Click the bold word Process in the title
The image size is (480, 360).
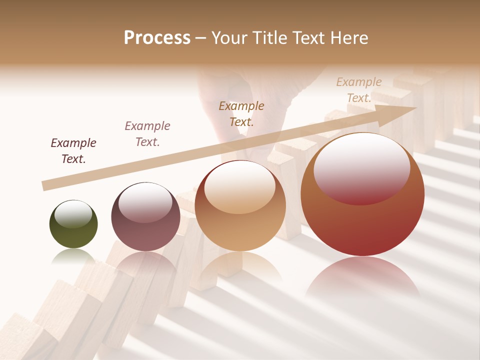pyautogui.click(x=157, y=38)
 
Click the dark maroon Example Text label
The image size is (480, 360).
pyautogui.click(x=73, y=151)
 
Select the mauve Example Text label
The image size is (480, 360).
pyautogui.click(x=147, y=134)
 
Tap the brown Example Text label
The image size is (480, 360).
pyautogui.click(x=241, y=113)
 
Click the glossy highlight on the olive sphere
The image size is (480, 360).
pyautogui.click(x=73, y=214)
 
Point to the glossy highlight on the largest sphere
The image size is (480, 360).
pyautogui.click(x=361, y=167)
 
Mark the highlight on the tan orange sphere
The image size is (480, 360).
pyautogui.click(x=239, y=186)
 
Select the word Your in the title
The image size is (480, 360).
pyautogui.click(x=228, y=38)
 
